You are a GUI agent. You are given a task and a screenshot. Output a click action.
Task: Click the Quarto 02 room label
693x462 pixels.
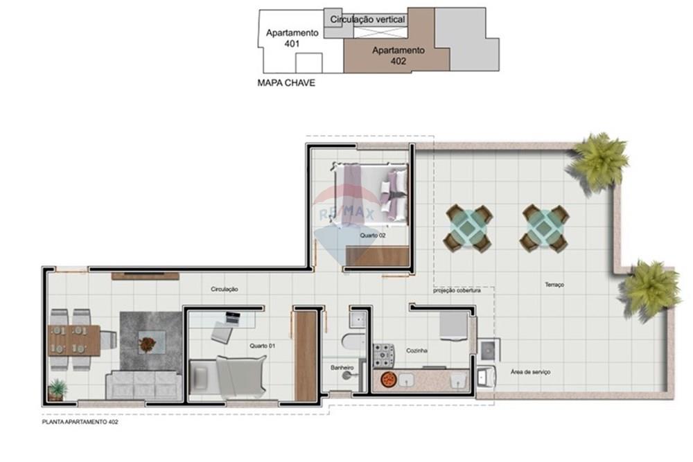[372, 236]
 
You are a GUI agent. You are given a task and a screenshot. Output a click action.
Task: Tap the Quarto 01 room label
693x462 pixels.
[262, 345]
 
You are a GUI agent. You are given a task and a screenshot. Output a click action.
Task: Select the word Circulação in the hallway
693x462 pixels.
[225, 290]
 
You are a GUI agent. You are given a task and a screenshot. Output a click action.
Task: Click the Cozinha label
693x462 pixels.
[416, 351]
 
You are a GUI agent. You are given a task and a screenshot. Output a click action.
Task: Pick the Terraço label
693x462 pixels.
[554, 285]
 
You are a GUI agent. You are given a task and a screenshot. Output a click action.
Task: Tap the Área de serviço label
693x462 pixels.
[530, 372]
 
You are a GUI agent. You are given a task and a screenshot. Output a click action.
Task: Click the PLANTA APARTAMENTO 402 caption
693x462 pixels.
[80, 421]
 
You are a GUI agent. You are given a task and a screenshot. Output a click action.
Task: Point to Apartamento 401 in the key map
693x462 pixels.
[292, 38]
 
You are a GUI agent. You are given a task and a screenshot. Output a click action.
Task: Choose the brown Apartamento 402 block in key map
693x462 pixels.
[398, 55]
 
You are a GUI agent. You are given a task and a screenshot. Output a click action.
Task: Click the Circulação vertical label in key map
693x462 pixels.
[367, 20]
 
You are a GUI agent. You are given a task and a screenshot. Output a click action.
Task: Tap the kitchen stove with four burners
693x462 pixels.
[383, 355]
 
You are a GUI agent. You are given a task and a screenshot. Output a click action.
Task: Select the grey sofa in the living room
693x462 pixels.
[143, 385]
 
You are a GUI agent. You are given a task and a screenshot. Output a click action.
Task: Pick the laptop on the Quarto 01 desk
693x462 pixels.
[232, 319]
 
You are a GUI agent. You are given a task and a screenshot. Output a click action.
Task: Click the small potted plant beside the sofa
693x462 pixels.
[56, 389]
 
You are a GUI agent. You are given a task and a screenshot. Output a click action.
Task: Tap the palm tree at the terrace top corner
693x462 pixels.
[599, 161]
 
